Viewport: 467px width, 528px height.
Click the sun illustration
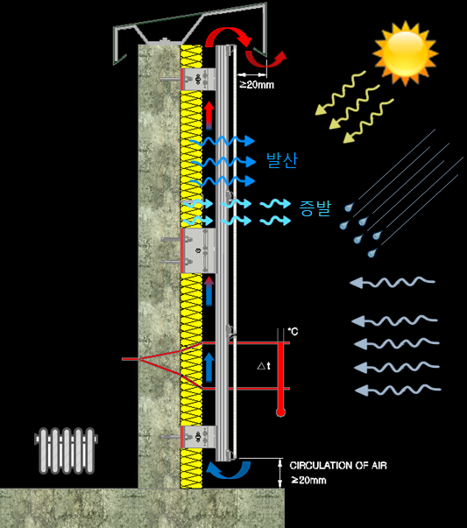pyautogui.click(x=406, y=53)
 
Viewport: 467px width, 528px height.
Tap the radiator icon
pyautogui.click(x=66, y=451)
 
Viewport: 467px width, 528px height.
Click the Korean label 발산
pyautogui.click(x=281, y=160)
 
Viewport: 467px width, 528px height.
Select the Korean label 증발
pyautogui.click(x=315, y=208)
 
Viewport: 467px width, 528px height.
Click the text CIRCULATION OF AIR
pyautogui.click(x=338, y=465)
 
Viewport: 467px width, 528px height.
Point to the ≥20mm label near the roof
pyautogui.click(x=257, y=85)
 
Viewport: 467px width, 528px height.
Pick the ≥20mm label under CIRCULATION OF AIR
pyautogui.click(x=308, y=480)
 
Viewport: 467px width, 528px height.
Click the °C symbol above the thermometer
pyautogui.click(x=294, y=331)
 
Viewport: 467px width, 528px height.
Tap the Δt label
pyautogui.click(x=264, y=366)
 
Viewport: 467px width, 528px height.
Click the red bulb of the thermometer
pyautogui.click(x=280, y=412)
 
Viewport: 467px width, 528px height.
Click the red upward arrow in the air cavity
pyautogui.click(x=209, y=116)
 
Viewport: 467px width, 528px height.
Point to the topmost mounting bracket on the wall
pyautogui.click(x=198, y=79)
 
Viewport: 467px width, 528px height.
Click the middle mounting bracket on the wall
pyautogui.click(x=198, y=250)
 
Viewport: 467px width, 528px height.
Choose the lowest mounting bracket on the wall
pyautogui.click(x=198, y=437)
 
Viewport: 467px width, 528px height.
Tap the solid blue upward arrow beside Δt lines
pyautogui.click(x=209, y=368)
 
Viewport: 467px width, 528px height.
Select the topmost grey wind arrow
pyautogui.click(x=393, y=282)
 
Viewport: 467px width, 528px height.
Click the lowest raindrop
pyautogui.click(x=371, y=252)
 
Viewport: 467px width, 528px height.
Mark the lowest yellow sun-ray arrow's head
pyautogui.click(x=349, y=137)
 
